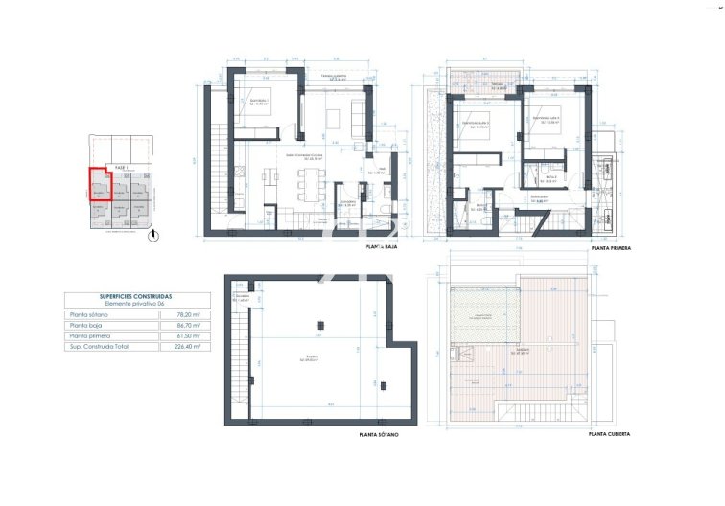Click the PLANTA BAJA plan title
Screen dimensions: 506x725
(381, 246)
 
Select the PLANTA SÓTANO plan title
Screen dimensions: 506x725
(379, 434)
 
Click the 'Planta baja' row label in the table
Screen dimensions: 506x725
(86, 326)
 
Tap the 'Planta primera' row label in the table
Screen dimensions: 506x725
(89, 336)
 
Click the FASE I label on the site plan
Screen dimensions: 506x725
(121, 167)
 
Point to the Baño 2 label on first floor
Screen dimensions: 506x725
(551, 176)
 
